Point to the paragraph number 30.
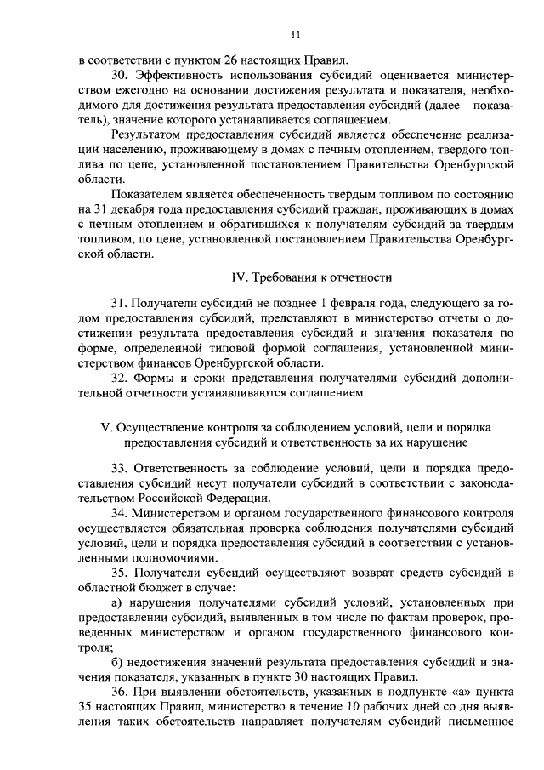[119, 77]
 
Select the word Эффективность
[179, 77]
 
